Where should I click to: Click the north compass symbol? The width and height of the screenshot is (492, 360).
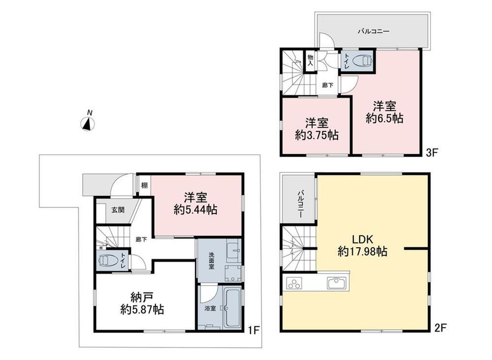(89, 124)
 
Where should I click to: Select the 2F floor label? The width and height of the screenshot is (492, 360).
(440, 328)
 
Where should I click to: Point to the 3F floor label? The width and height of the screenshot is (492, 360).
(431, 153)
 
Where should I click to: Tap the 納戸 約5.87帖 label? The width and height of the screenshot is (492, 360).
(142, 303)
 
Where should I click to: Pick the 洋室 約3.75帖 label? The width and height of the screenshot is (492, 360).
(316, 129)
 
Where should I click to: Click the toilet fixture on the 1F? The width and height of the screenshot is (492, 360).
(108, 261)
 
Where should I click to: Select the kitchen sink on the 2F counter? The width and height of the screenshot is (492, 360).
(337, 282)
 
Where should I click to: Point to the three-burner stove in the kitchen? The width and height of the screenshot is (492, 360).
(294, 283)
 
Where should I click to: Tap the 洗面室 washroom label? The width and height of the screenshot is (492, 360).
(212, 261)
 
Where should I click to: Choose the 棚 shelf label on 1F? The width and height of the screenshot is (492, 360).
(144, 185)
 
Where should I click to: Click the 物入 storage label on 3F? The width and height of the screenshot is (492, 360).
(310, 60)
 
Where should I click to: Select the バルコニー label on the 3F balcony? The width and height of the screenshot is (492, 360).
(373, 32)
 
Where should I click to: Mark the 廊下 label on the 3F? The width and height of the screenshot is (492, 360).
(328, 85)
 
